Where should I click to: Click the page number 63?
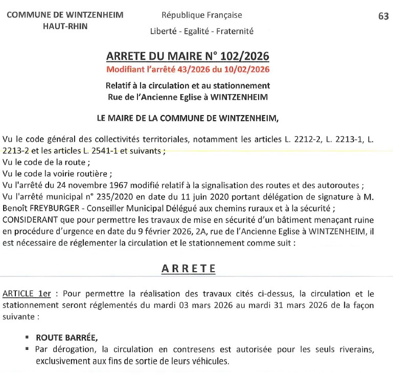coord(383,16)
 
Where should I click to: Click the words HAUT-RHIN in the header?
coord(65,26)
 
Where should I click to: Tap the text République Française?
coord(202,15)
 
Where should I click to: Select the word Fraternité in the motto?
coord(235,31)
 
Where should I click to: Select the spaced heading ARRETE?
coord(189,269)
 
